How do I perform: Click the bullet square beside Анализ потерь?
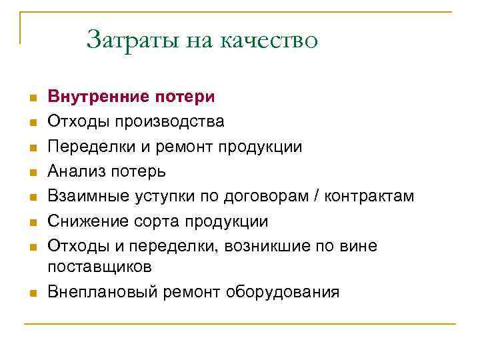pyautogui.click(x=31, y=173)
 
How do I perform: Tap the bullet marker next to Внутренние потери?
pyautogui.click(x=31, y=98)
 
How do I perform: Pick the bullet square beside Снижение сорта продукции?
pyautogui.click(x=31, y=222)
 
